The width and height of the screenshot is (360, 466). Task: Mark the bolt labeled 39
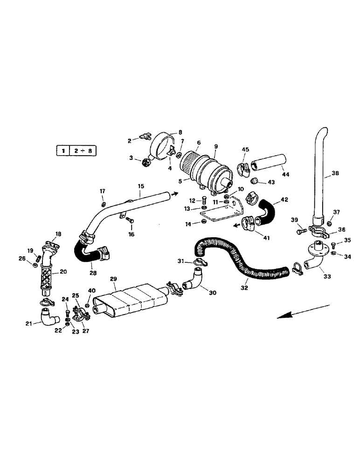click(x=301, y=230)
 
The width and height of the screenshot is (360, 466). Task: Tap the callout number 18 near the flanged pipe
click(x=58, y=233)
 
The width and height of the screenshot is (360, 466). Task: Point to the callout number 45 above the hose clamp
click(x=245, y=149)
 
